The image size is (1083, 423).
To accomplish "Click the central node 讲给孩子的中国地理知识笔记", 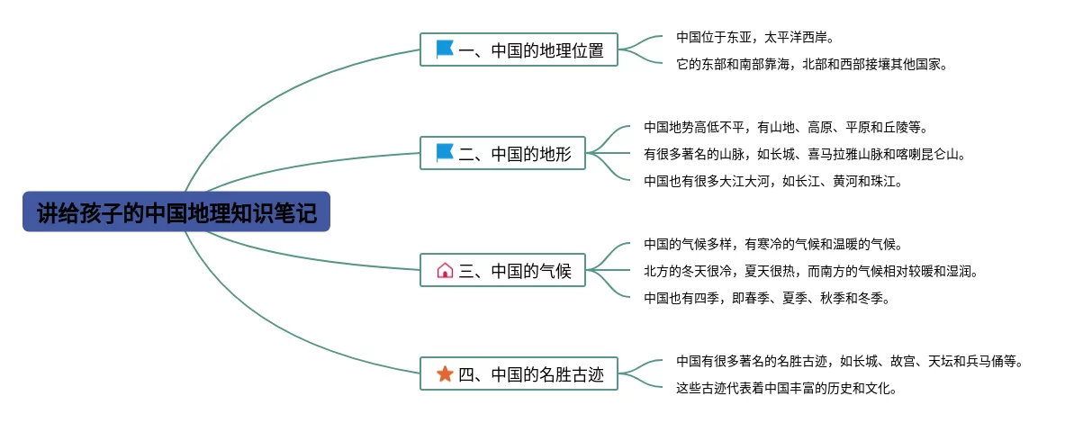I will point(176,212).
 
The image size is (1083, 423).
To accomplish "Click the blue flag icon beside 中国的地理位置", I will point(445,49).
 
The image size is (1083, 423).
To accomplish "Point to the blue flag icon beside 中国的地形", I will point(445,153).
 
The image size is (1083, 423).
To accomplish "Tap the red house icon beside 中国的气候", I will point(445,270).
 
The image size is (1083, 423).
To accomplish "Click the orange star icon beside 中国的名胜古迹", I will point(445,373).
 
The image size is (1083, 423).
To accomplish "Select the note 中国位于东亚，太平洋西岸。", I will point(755,38).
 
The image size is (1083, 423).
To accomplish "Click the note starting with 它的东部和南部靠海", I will point(811,65).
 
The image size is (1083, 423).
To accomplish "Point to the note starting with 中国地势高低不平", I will point(785,128).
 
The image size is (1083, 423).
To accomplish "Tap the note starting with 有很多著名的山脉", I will point(805,155).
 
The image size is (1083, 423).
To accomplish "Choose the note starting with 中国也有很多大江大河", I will point(772,181).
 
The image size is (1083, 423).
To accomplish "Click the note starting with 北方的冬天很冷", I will point(810,271).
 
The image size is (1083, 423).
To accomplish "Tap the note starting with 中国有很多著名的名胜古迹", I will point(849,362).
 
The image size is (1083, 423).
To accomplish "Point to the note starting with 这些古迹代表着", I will point(787,389).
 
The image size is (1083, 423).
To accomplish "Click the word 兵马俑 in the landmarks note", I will point(984,362).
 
